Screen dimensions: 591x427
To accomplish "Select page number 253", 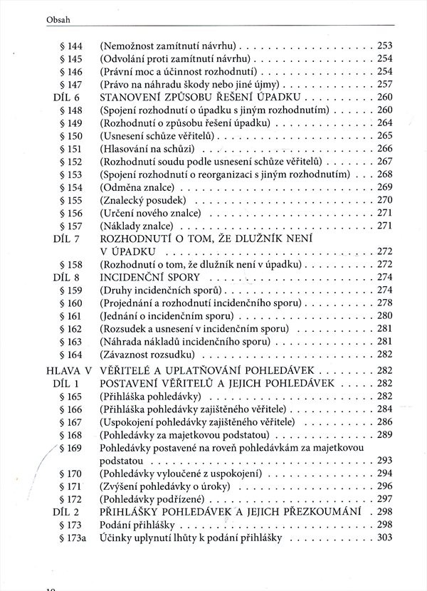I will pyautogui.click(x=385, y=45).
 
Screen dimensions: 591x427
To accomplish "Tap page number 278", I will pyautogui.click(x=385, y=303).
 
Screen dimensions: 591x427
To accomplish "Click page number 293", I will pyautogui.click(x=385, y=460).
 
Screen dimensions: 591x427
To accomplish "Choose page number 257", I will pyautogui.click(x=385, y=84).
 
